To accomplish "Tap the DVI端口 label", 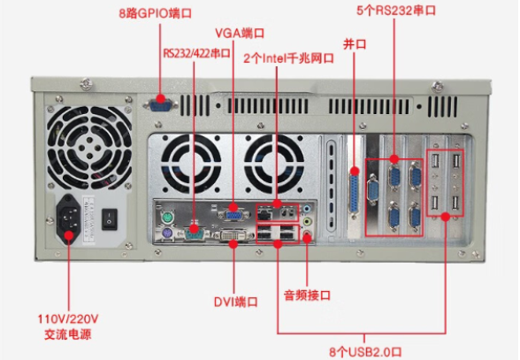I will [x=234, y=302].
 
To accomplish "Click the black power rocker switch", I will [x=111, y=215].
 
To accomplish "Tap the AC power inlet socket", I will [x=69, y=216].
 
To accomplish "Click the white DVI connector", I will [x=233, y=235].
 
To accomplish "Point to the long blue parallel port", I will [x=354, y=187].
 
